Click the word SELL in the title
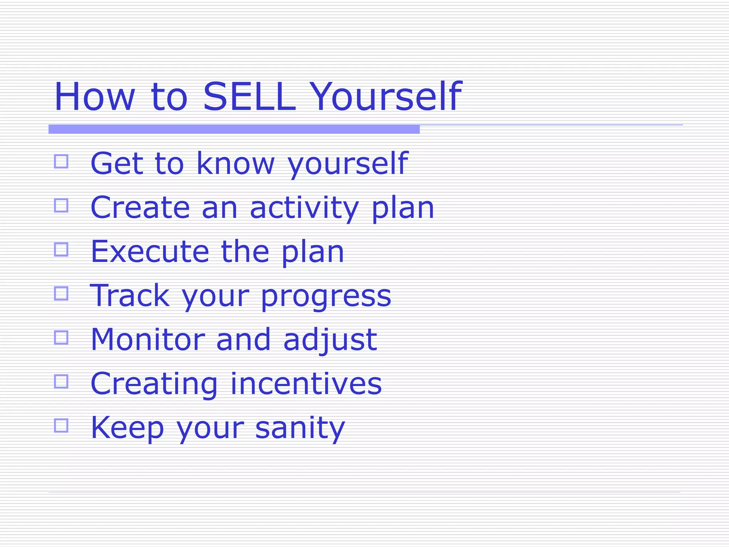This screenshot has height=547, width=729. [249, 97]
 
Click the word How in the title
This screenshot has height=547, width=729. [94, 97]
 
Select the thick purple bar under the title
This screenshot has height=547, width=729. [234, 129]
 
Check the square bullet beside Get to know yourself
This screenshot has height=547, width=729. [61, 161]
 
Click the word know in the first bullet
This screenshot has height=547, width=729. [235, 164]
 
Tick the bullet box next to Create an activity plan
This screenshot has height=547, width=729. [61, 205]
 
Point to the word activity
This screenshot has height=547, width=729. [304, 208]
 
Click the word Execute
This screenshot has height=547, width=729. [150, 252]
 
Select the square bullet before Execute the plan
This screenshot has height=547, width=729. [61, 249]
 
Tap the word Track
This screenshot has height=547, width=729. [130, 296]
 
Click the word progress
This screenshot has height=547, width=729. [326, 297]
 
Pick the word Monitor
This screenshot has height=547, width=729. [148, 340]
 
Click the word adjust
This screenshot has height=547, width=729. [330, 340]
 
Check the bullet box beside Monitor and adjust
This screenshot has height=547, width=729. [61, 337]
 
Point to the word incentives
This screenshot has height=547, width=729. [306, 384]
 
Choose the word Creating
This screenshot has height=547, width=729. [154, 385]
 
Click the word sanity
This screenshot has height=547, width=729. [300, 429]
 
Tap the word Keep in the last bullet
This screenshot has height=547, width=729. [127, 428]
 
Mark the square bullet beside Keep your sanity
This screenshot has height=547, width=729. [61, 425]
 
